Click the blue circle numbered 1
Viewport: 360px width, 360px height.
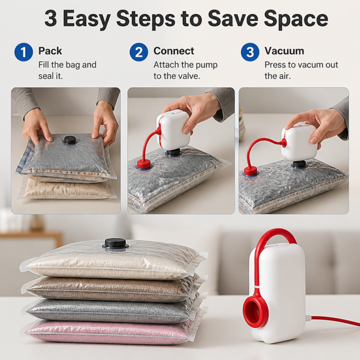point(24,52)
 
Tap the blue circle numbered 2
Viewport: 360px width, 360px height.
point(139,52)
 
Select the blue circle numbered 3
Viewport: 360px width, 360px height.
point(250,52)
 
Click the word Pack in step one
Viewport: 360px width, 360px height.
point(50,51)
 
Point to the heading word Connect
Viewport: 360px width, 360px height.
point(174,51)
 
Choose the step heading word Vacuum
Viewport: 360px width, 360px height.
point(284,51)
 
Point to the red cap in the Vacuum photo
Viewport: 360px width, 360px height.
point(251,172)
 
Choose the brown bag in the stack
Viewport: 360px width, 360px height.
point(110,289)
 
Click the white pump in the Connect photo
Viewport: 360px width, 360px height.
point(174,131)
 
